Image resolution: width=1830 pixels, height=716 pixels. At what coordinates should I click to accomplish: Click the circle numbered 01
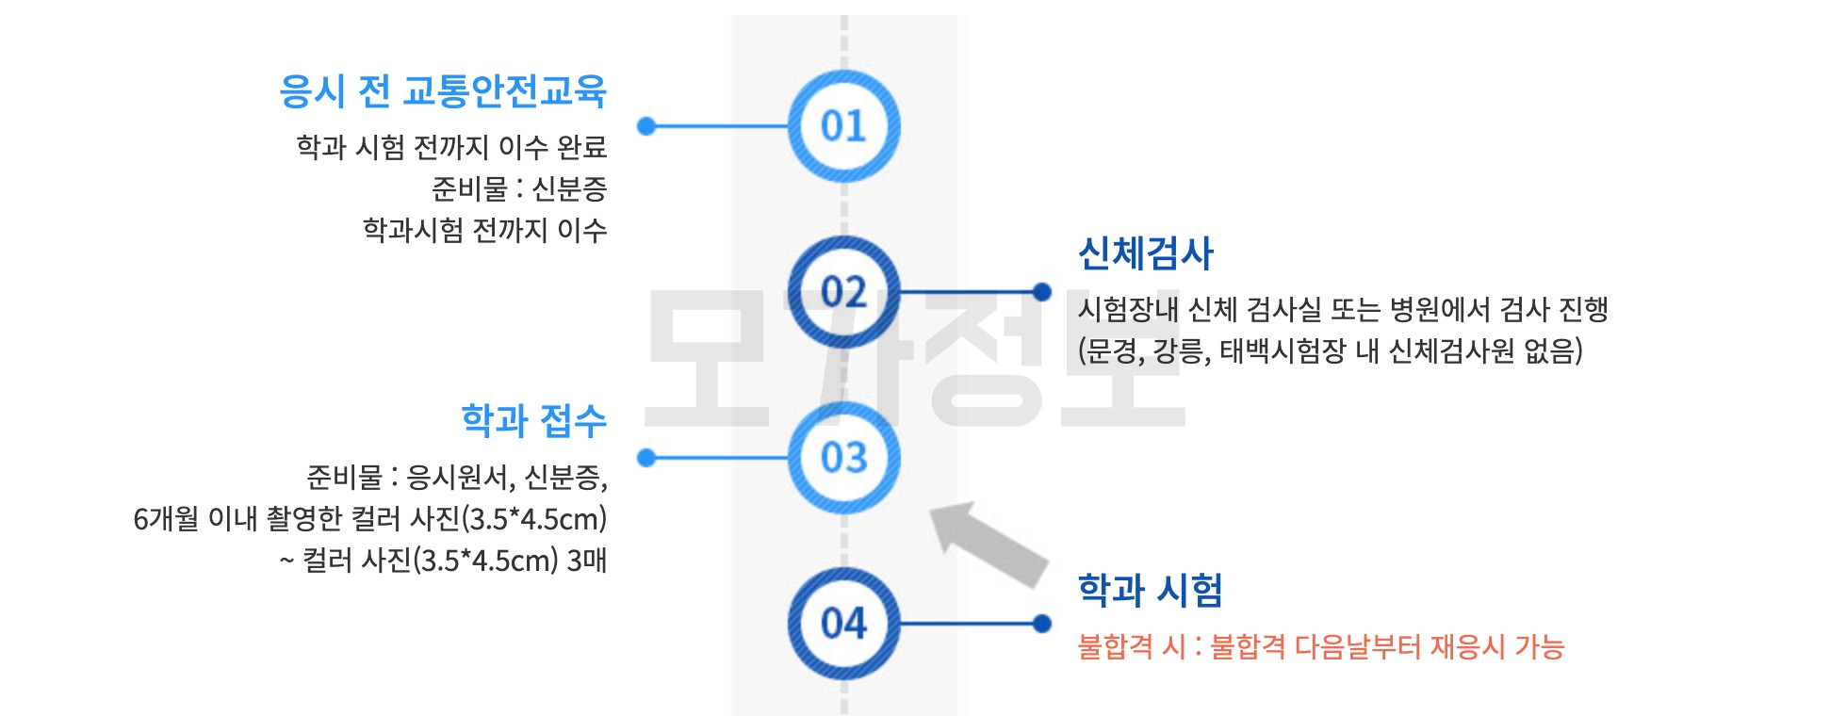click(x=843, y=126)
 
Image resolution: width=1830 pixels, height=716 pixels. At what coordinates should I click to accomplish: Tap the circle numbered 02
click(x=843, y=292)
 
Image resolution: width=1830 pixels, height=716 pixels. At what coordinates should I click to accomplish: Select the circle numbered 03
click(x=843, y=458)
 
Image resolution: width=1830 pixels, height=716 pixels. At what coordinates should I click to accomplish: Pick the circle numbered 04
click(x=843, y=624)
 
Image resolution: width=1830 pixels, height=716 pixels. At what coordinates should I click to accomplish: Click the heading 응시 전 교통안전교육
click(x=443, y=91)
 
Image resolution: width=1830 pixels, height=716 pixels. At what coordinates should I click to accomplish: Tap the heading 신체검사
click(x=1146, y=253)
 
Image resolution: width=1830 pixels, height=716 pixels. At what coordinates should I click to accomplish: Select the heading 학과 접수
click(x=533, y=420)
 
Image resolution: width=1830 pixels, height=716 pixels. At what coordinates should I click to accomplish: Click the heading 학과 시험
click(x=1150, y=591)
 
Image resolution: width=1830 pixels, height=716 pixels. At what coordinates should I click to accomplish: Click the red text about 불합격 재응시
click(x=1320, y=647)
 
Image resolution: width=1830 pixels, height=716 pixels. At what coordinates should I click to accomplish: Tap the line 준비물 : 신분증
click(x=519, y=189)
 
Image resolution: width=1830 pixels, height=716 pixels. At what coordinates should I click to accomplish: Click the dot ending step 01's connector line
click(x=646, y=126)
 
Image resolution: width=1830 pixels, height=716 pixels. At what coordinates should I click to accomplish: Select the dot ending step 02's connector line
click(x=1041, y=292)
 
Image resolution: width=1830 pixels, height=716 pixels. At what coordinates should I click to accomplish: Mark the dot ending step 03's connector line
click(x=646, y=458)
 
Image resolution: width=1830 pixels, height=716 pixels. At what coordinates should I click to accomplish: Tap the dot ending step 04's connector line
click(x=1041, y=624)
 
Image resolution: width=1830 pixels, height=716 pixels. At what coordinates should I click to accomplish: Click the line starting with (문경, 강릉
click(x=1330, y=351)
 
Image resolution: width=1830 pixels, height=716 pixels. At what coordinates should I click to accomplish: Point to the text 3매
click(x=586, y=561)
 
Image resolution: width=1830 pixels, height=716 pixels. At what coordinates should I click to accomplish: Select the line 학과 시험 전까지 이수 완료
click(x=451, y=147)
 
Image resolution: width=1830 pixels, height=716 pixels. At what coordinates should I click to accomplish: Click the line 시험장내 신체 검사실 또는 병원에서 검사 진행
click(x=1343, y=309)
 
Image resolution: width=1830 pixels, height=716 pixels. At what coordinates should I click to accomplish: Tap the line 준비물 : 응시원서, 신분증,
click(x=457, y=478)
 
